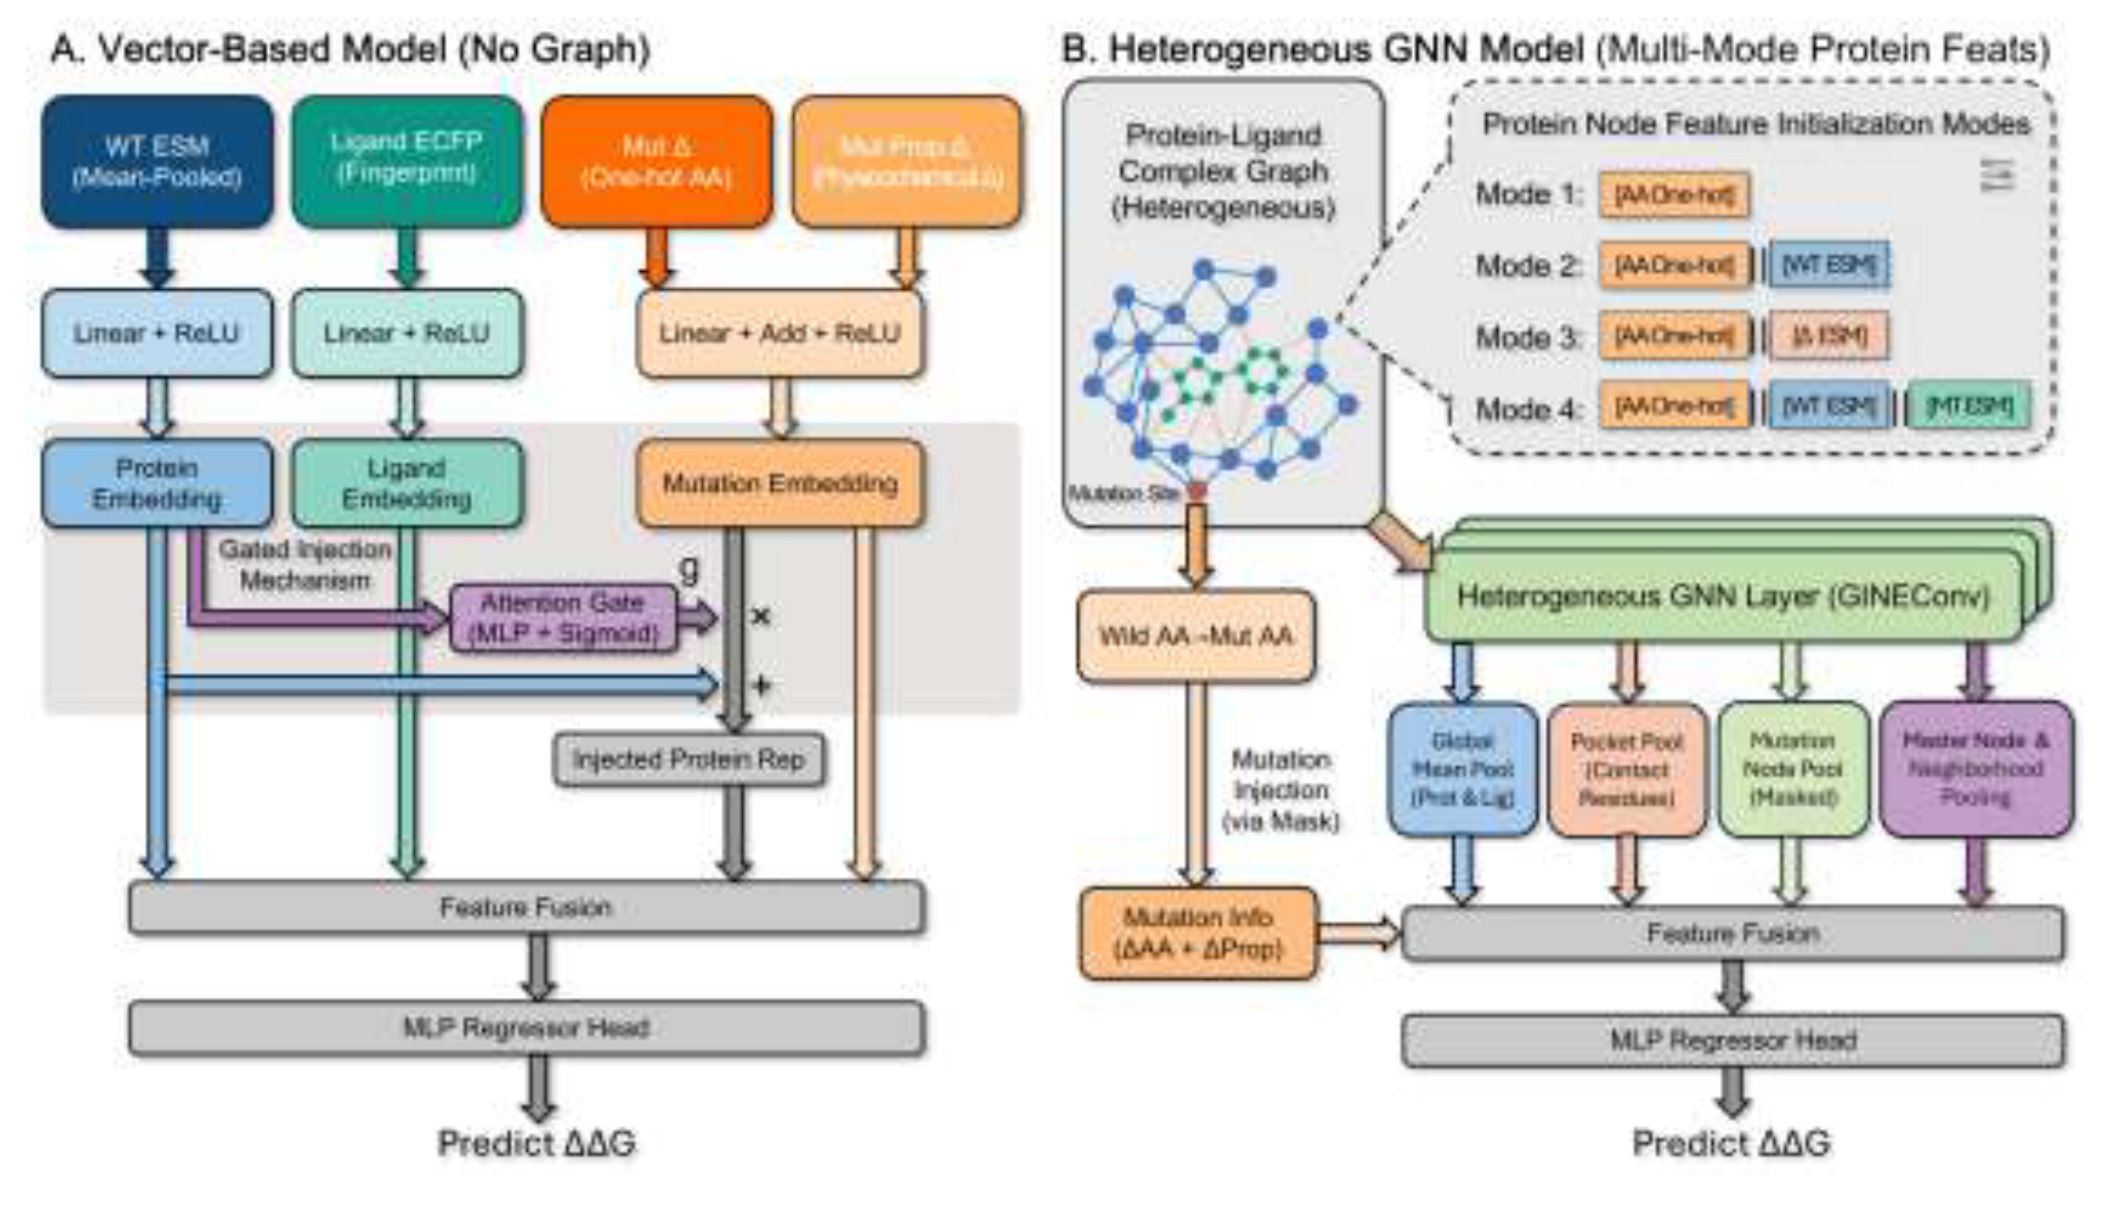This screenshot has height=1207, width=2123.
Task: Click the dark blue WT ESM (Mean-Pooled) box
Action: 157,162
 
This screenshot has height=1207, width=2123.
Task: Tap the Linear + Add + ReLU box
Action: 779,334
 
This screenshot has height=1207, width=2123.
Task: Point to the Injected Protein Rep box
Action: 689,759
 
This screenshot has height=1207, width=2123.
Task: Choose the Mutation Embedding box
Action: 779,483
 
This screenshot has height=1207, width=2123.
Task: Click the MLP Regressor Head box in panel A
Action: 527,1028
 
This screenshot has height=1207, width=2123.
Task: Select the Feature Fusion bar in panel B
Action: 1733,934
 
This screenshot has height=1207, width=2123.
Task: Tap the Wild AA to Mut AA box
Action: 1196,636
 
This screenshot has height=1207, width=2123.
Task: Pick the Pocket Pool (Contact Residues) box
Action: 1627,769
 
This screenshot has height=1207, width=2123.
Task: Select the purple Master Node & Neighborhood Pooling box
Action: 1975,769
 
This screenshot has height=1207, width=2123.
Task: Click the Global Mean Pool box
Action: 1462,769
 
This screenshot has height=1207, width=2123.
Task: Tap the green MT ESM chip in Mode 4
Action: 1970,406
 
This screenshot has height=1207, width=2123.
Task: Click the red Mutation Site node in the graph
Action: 1197,492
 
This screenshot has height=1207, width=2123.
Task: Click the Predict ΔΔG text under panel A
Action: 537,1143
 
